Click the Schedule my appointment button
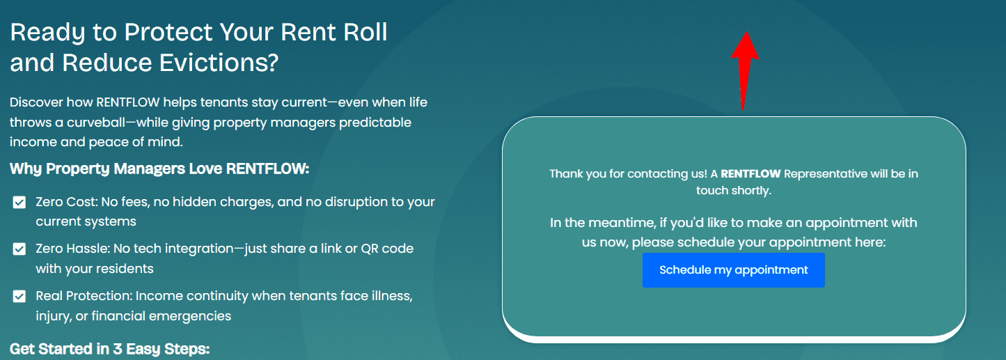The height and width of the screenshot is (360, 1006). tap(733, 270)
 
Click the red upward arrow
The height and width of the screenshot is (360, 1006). tap(745, 70)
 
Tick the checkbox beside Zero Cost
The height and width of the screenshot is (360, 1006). tap(19, 202)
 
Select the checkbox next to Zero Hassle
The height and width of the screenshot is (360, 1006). tap(19, 249)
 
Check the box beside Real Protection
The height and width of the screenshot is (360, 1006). tap(19, 296)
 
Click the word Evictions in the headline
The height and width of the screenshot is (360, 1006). tap(219, 63)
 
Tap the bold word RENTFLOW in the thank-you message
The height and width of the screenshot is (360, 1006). tap(751, 174)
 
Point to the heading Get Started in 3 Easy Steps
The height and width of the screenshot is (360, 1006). tap(109, 349)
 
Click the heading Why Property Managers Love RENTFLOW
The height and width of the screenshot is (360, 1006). tap(159, 169)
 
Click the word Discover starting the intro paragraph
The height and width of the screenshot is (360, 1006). tap(36, 102)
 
